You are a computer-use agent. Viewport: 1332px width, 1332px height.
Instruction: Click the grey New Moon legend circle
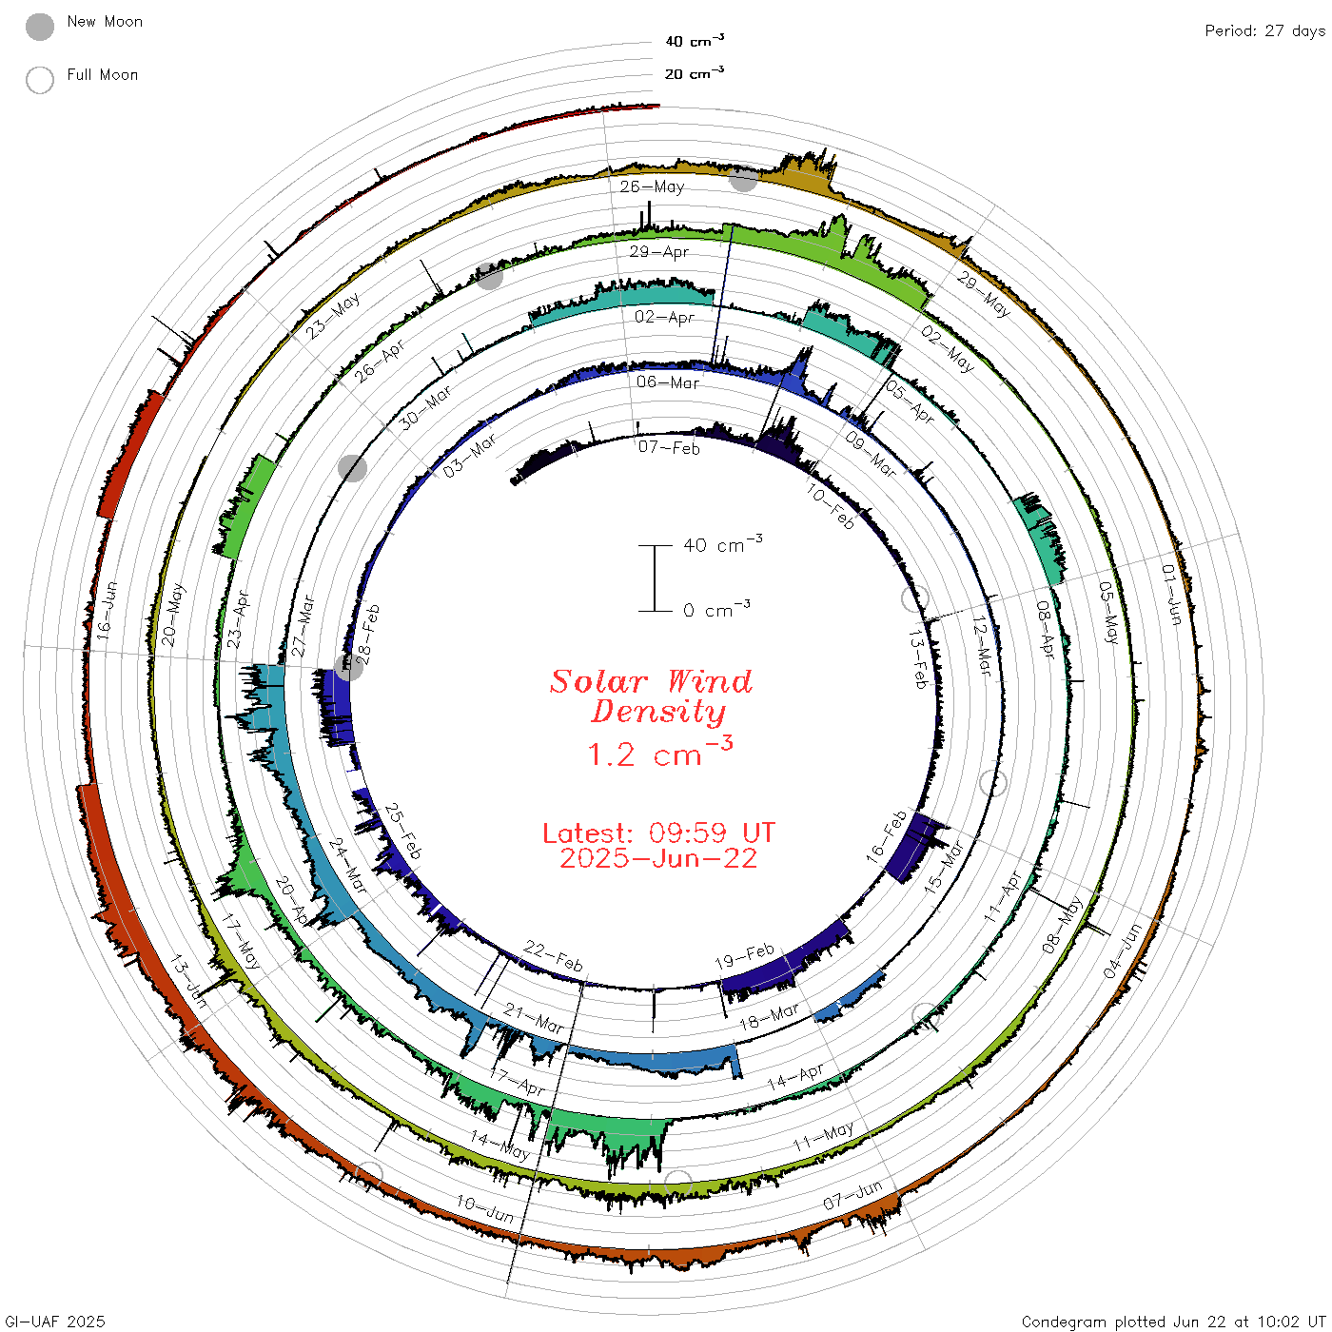[x=39, y=27]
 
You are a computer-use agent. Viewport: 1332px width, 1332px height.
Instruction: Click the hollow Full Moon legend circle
[x=39, y=80]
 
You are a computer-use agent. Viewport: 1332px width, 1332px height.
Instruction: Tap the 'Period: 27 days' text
[x=1264, y=31]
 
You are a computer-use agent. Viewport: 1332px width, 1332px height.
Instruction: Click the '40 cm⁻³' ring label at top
[x=694, y=40]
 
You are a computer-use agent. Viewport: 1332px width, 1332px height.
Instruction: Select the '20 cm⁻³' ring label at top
[x=694, y=72]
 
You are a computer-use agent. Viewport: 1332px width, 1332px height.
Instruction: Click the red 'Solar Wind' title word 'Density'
[x=658, y=712]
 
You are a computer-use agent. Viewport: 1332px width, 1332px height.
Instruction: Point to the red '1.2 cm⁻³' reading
[x=659, y=752]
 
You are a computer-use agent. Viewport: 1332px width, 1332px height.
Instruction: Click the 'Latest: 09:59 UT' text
[x=658, y=832]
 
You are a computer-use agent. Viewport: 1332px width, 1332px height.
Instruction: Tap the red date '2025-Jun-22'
[x=658, y=858]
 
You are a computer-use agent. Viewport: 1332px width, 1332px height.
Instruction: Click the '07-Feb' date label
[x=669, y=447]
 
